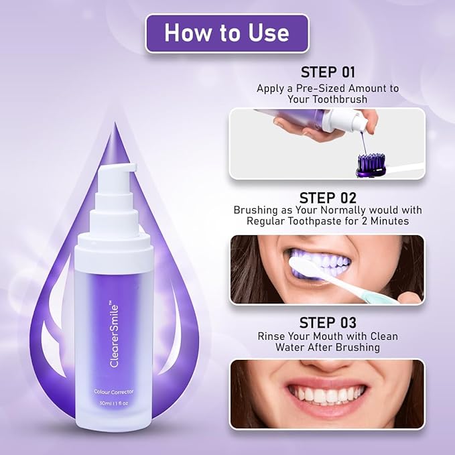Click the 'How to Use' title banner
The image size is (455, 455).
[x=226, y=33]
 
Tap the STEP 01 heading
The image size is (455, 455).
[x=327, y=72]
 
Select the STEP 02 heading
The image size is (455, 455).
[x=327, y=198]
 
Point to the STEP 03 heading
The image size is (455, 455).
[x=327, y=323]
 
